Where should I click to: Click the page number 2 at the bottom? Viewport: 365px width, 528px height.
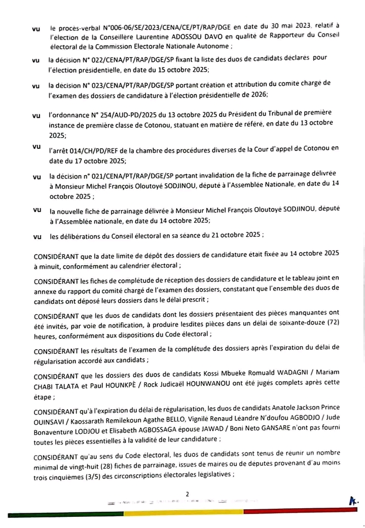[187, 494]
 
